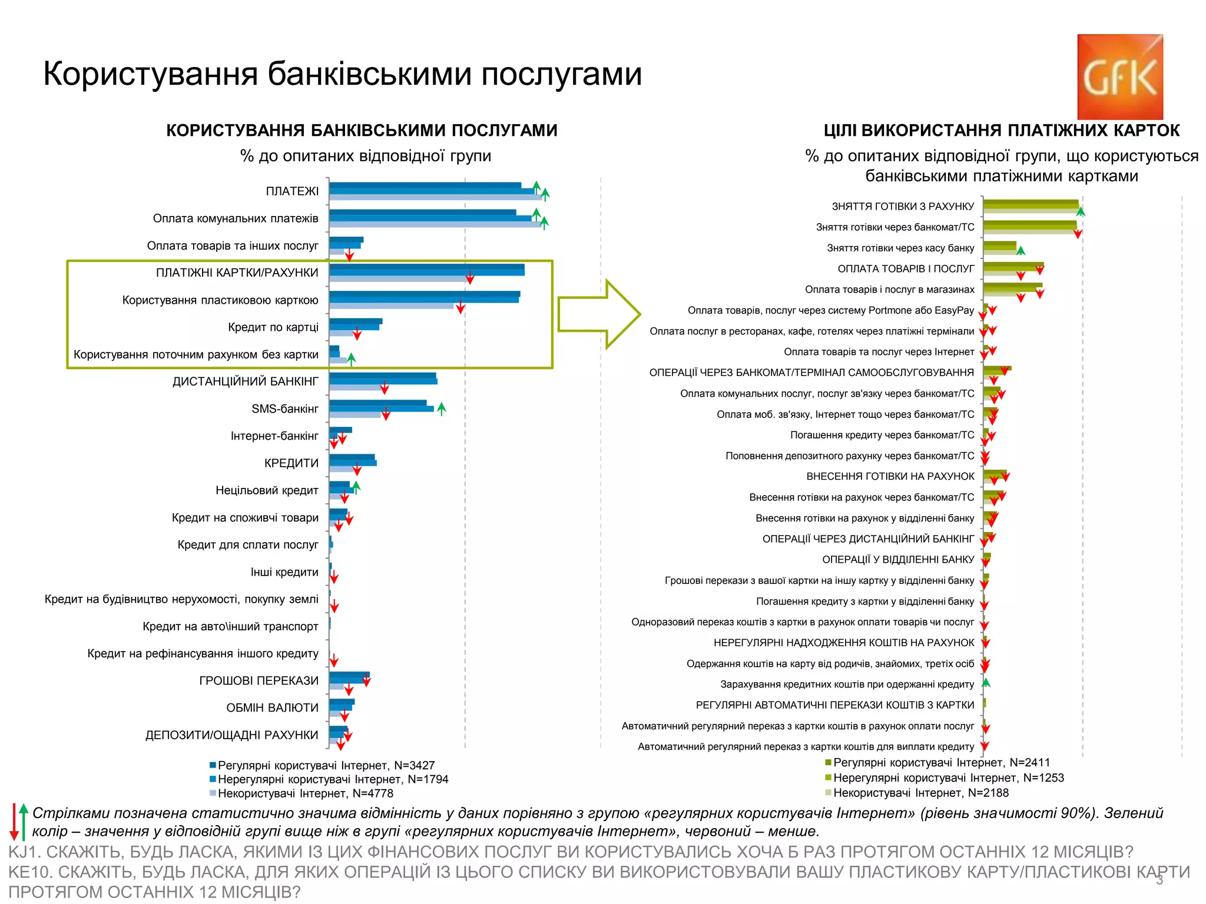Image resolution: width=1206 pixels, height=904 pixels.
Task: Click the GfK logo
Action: click(1119, 77)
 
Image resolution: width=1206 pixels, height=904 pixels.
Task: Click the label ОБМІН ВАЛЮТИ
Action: click(272, 708)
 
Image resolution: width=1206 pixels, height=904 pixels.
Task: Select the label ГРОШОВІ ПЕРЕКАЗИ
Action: click(259, 681)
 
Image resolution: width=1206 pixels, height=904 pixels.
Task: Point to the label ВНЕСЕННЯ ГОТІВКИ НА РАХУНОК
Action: click(890, 477)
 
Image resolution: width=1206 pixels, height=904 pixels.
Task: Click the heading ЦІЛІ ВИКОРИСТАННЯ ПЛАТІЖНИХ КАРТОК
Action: click(1001, 131)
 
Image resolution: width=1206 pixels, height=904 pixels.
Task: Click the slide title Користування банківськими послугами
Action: click(342, 74)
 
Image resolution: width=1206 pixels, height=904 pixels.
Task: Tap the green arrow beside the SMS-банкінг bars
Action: click(442, 408)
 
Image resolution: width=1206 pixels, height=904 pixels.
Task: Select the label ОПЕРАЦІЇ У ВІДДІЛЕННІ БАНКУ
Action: click(897, 560)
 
